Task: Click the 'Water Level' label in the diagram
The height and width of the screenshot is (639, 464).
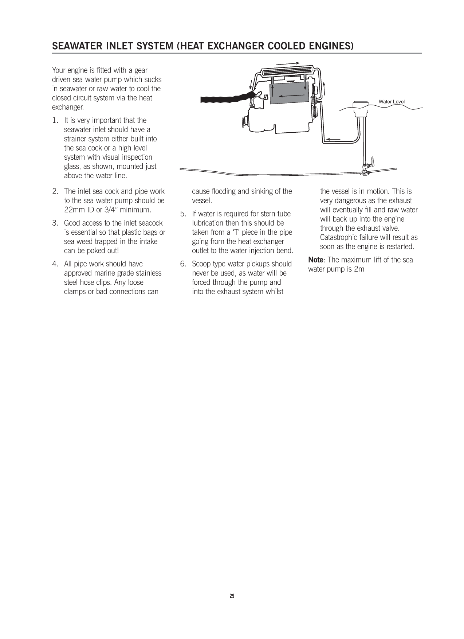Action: point(392,102)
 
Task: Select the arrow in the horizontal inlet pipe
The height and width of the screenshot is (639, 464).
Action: point(334,139)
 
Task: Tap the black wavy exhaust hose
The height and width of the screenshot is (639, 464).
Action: point(226,98)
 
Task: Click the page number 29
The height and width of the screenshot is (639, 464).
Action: point(232,596)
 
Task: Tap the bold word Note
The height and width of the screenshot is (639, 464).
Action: point(315,260)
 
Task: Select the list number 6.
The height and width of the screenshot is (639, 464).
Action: point(183,264)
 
